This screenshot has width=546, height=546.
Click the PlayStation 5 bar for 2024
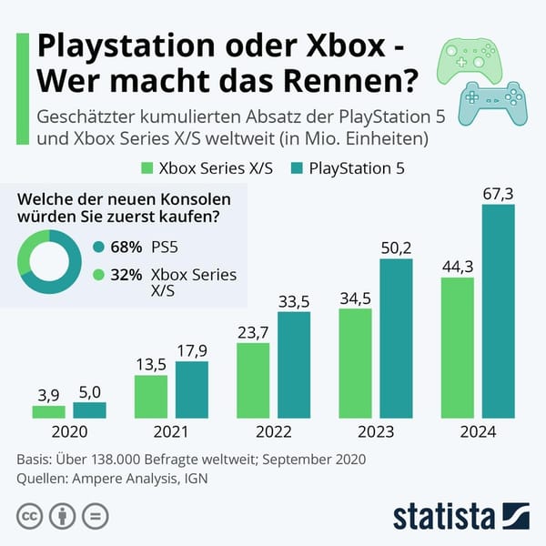(497, 311)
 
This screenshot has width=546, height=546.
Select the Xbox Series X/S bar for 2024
(457, 348)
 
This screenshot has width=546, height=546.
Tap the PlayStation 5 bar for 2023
(395, 339)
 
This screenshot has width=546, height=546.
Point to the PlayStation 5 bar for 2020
(89, 410)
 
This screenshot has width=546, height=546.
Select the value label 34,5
(355, 298)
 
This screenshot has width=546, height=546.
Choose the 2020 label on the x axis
(69, 434)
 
